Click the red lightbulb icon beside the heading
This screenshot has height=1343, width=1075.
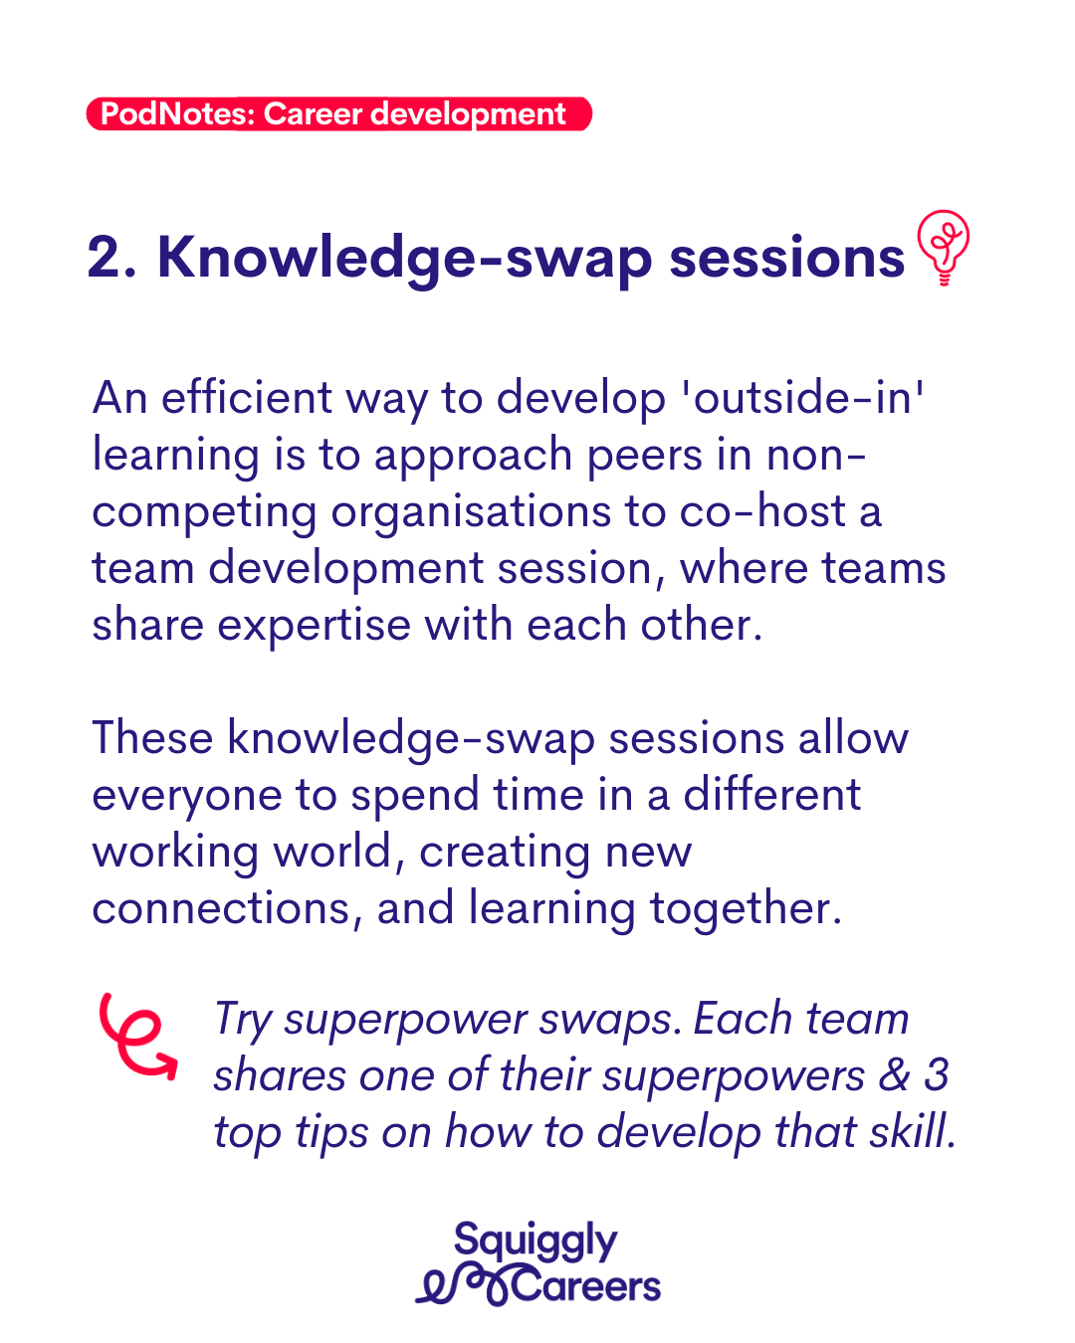click(943, 247)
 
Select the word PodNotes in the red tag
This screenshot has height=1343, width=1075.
click(177, 114)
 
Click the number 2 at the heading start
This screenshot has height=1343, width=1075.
click(104, 257)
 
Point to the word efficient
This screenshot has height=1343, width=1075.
click(247, 398)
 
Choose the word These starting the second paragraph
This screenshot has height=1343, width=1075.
click(152, 737)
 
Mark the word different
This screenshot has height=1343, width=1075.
click(772, 794)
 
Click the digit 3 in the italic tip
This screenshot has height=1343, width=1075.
click(937, 1074)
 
